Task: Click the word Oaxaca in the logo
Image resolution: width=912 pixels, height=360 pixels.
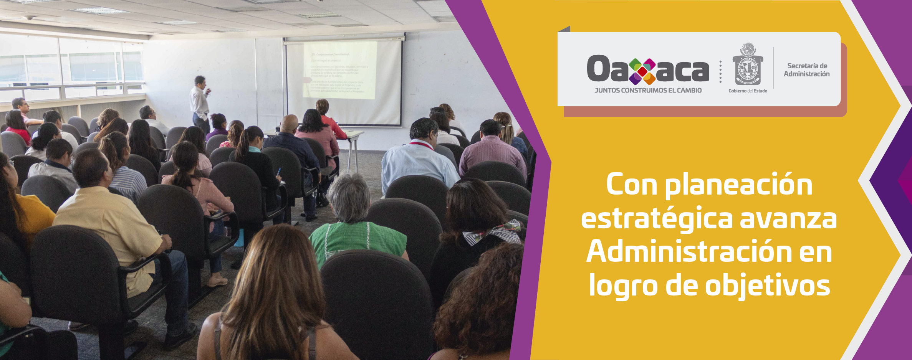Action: coord(647,69)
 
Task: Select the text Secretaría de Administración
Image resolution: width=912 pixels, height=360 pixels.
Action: coord(806,70)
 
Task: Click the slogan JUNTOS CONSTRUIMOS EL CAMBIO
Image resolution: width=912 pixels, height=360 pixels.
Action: coord(648,91)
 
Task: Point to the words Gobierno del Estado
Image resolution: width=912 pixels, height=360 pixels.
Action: coord(748,91)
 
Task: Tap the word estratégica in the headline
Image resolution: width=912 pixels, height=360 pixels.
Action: coord(657,219)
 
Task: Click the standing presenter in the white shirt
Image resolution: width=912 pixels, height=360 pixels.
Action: coord(200,102)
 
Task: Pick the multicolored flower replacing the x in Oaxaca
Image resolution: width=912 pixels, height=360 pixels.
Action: coord(642,71)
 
